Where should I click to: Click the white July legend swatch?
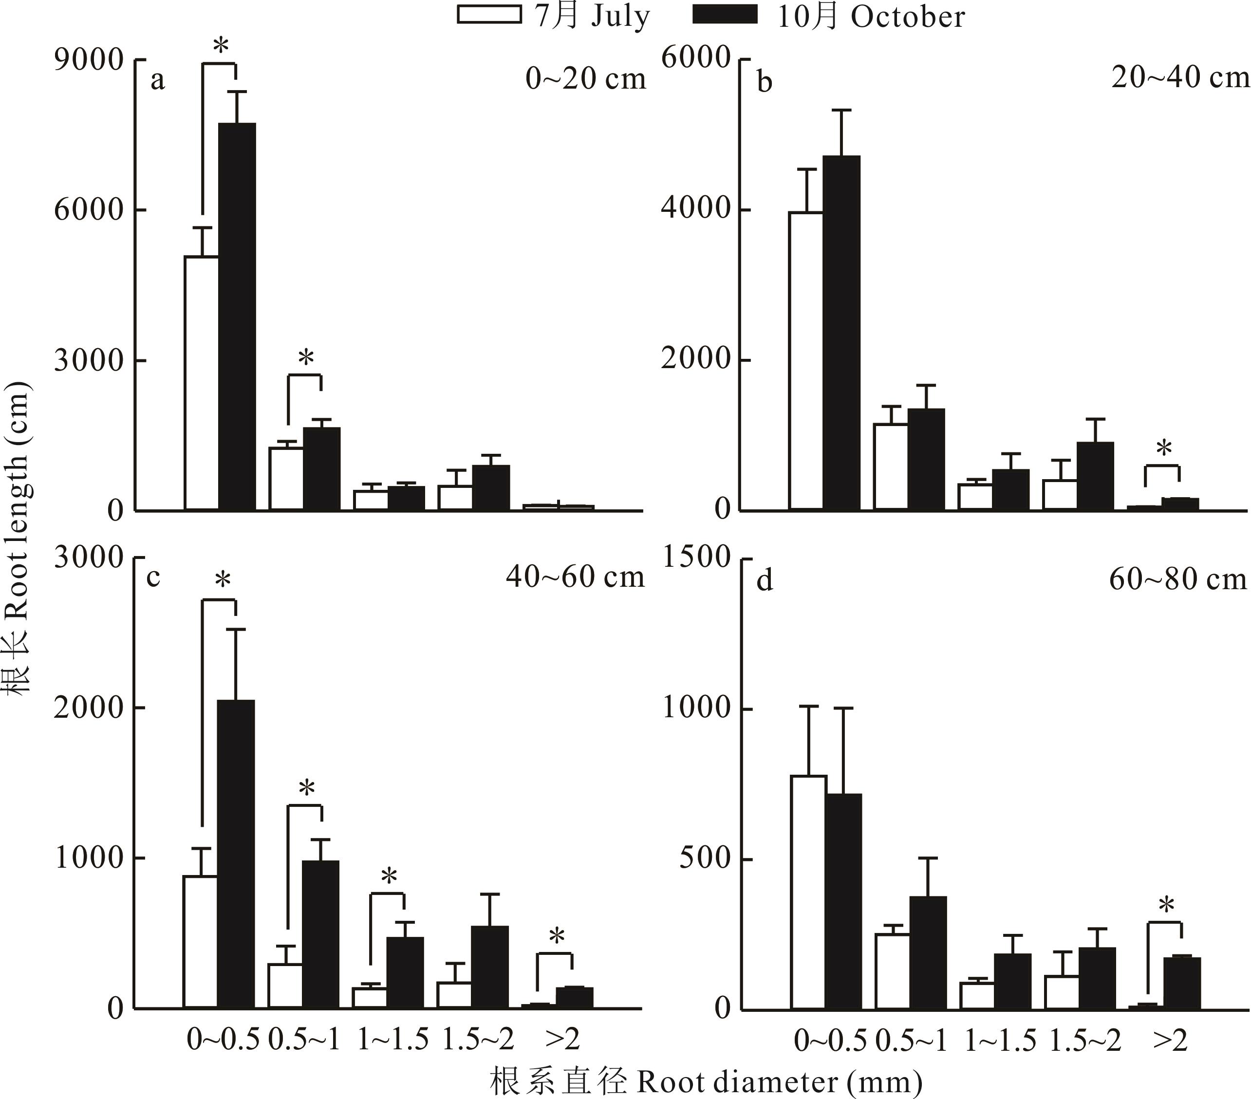pos(489,15)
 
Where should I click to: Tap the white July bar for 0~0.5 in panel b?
pos(806,360)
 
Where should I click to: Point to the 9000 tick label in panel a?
pos(89,60)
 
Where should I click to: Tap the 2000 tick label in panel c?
pos(89,708)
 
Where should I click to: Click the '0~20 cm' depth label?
pos(586,79)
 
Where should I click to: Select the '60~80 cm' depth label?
pos(1177,579)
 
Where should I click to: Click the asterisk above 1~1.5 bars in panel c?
pos(389,877)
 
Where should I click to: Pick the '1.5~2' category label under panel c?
pos(478,1039)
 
